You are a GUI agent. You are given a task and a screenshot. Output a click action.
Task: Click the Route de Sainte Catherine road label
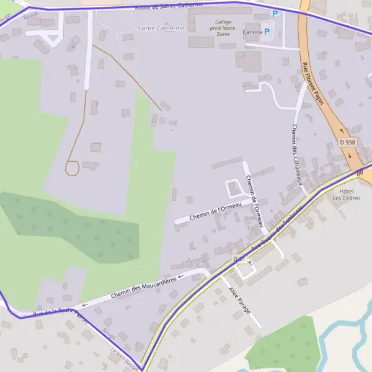click(x=168, y=6)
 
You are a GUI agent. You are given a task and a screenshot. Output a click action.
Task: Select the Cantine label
click(x=253, y=32)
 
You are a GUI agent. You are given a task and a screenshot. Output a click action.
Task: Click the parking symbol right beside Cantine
click(x=267, y=31)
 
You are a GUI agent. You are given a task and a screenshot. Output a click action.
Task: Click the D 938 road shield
click(x=348, y=142)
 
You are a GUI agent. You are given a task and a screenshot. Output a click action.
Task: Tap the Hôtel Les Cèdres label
click(x=346, y=195)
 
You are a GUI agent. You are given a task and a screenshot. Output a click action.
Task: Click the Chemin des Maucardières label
click(x=143, y=286)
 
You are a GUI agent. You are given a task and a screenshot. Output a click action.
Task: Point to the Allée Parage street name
click(x=239, y=300)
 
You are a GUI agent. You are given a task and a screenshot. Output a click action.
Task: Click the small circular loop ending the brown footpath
click(x=71, y=167)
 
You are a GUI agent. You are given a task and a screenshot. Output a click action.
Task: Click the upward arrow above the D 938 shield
click(x=340, y=131)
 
